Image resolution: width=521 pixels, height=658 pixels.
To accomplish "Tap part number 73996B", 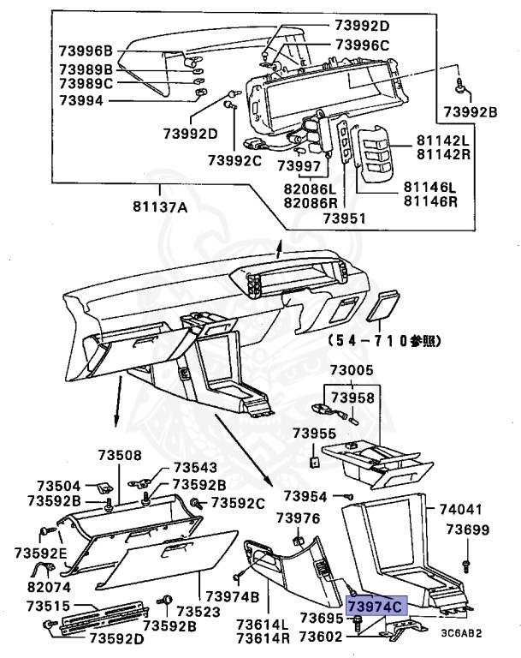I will (x=86, y=51).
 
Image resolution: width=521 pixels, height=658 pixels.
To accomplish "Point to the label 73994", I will (x=80, y=100).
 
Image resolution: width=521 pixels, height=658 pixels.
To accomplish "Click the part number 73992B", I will (x=470, y=111).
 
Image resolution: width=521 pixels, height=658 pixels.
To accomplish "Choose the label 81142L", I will (x=444, y=139).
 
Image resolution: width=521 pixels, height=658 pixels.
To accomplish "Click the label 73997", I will (x=298, y=165).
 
